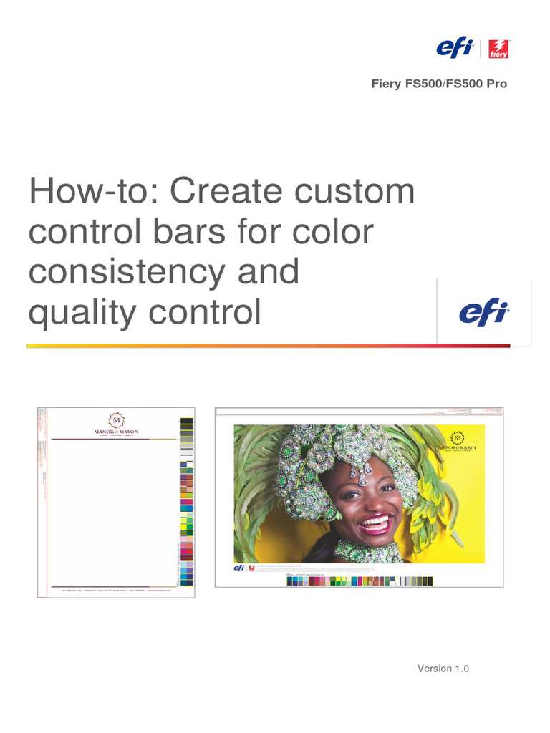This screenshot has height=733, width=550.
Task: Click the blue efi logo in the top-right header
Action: pyautogui.click(x=455, y=49)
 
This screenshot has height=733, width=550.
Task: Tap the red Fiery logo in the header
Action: pyautogui.click(x=498, y=49)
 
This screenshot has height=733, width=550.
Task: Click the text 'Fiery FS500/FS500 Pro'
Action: pyautogui.click(x=438, y=84)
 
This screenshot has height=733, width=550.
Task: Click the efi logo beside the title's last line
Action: pyautogui.click(x=483, y=313)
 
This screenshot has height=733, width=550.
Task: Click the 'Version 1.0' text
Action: pyautogui.click(x=443, y=669)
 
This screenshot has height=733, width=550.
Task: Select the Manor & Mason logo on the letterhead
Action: pyautogui.click(x=116, y=425)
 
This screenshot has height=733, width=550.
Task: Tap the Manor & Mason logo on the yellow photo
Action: pyautogui.click(x=457, y=441)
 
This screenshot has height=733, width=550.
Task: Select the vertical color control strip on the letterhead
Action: pyautogui.click(x=187, y=501)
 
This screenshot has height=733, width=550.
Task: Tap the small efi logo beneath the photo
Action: pyautogui.click(x=238, y=568)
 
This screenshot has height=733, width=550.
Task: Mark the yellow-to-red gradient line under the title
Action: pyautogui.click(x=269, y=346)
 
